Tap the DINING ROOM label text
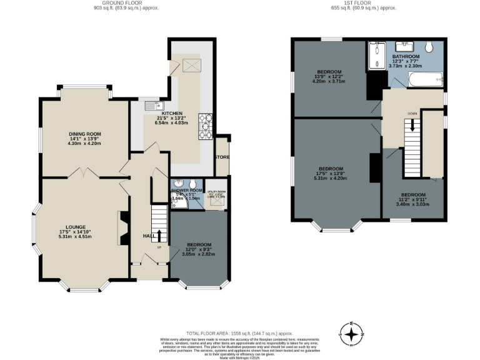[x=84, y=134]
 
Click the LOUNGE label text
[x=74, y=227]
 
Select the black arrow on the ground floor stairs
[x=157, y=236]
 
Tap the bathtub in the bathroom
[x=425, y=79]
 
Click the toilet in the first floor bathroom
[x=429, y=47]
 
